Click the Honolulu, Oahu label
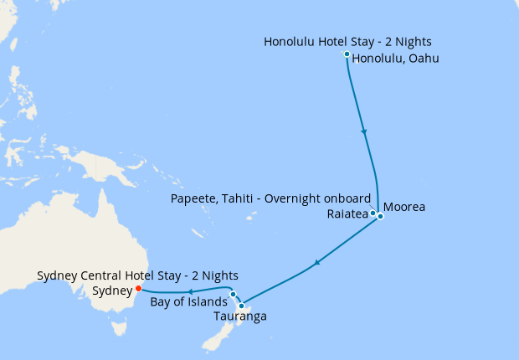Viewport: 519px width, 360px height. pos(396,59)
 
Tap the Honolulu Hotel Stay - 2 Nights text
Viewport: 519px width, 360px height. pos(348,41)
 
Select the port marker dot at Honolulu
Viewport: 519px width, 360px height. pos(347,54)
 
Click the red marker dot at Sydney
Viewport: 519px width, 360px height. pos(138,289)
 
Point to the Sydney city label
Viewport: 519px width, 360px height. pos(112,291)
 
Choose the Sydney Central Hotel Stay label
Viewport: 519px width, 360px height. pos(138,275)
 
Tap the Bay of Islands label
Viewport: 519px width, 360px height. pos(188,301)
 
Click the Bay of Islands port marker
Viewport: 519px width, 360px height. pos(233,294)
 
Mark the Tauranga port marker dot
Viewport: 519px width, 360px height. pos(241,305)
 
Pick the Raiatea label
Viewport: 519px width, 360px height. pos(348,214)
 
